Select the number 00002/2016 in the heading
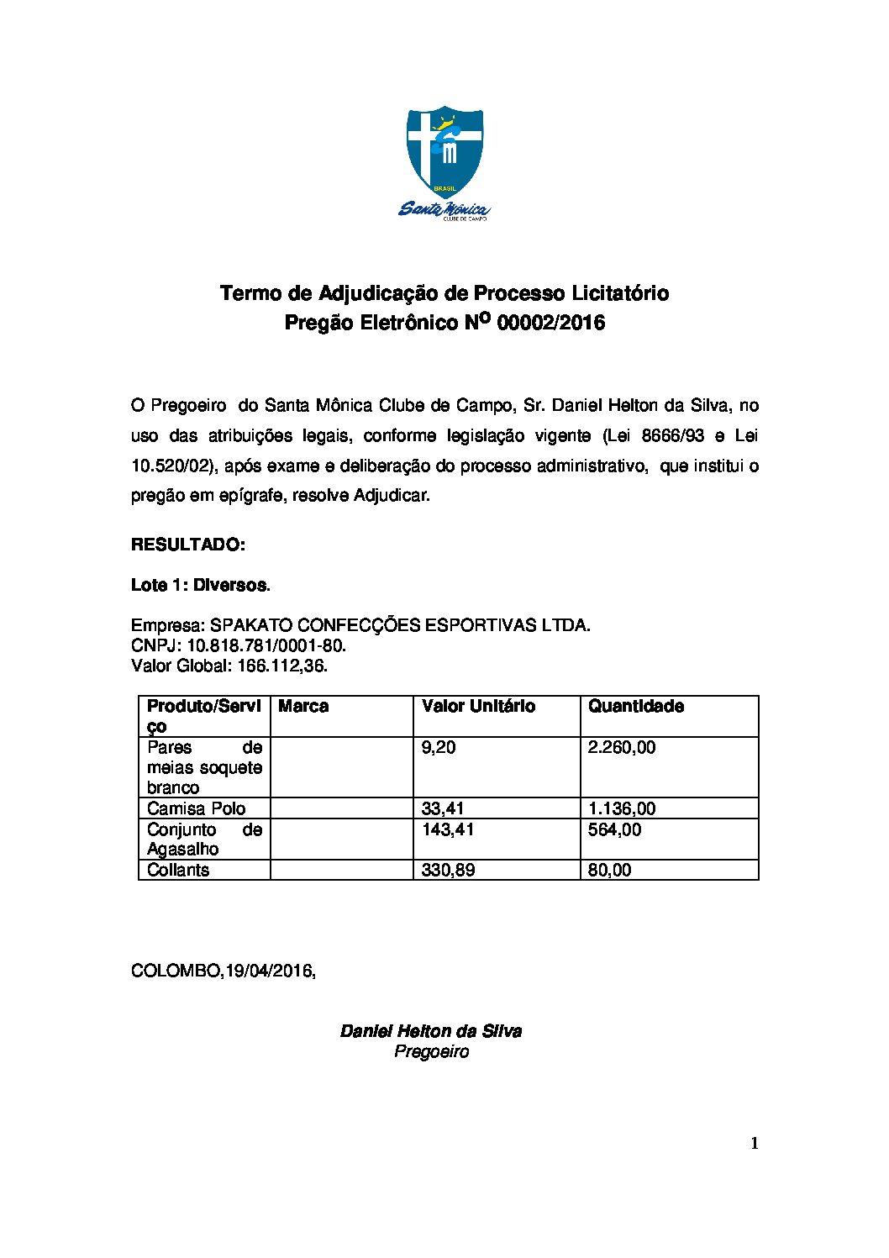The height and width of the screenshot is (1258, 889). click(x=551, y=323)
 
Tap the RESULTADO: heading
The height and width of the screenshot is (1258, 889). click(x=188, y=545)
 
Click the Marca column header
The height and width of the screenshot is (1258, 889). click(x=303, y=707)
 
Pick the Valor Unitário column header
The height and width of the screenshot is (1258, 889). click(x=478, y=707)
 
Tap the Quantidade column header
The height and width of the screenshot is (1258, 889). click(x=635, y=707)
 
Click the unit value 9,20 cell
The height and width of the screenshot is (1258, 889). click(x=439, y=748)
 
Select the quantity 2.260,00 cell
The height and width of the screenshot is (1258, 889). click(x=622, y=748)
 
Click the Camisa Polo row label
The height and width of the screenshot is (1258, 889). click(x=197, y=809)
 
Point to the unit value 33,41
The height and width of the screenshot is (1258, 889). click(x=443, y=809)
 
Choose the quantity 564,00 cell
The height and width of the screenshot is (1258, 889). click(x=614, y=830)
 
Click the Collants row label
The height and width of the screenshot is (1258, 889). click(x=178, y=871)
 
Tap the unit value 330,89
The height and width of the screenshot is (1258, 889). click(x=448, y=871)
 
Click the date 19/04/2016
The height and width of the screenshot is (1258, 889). click(x=269, y=971)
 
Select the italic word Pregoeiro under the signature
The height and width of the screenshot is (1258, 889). click(x=432, y=1052)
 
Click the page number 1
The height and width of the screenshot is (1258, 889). click(x=755, y=1143)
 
